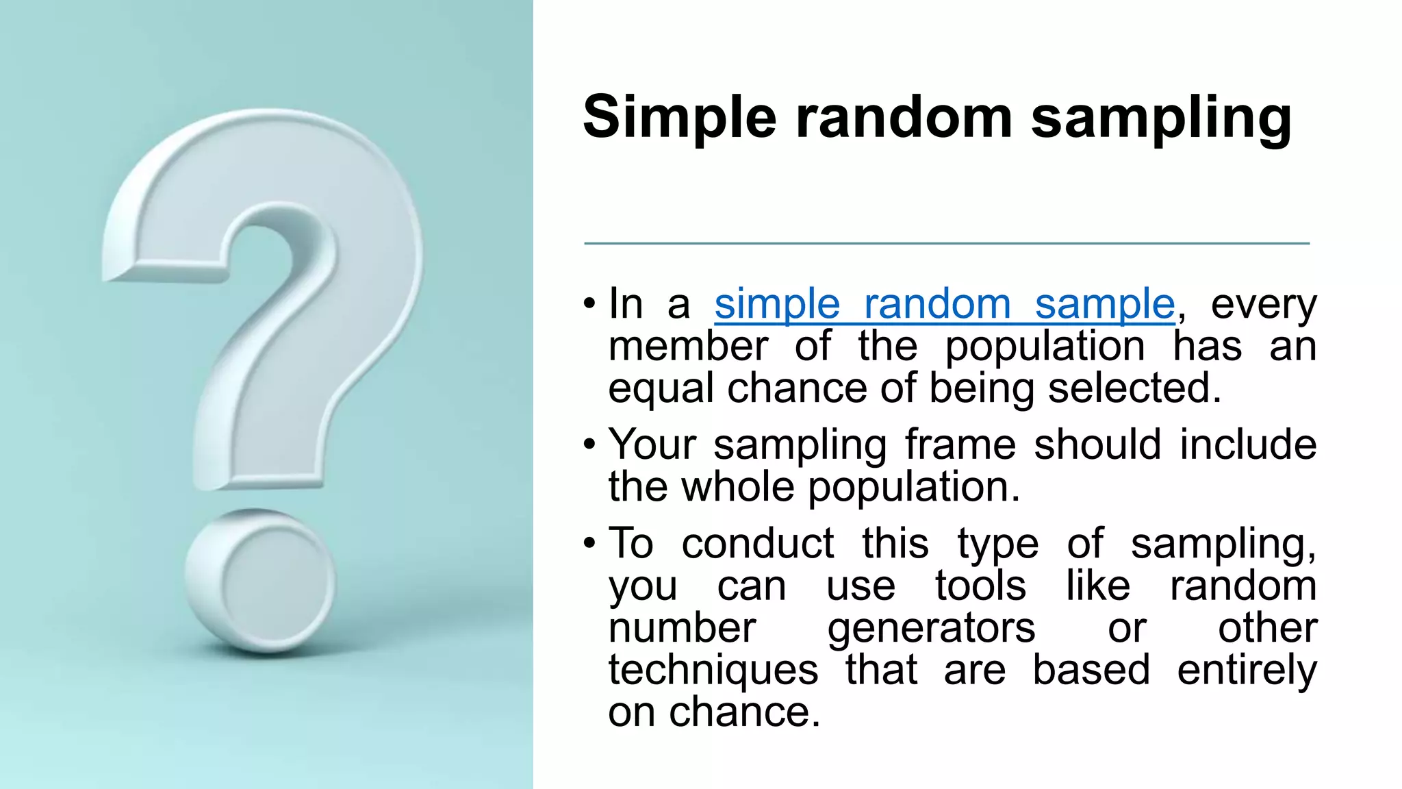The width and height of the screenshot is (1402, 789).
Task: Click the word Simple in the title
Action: click(x=679, y=118)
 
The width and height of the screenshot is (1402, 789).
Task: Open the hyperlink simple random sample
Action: click(x=945, y=304)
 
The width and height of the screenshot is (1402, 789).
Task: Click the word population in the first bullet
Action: click(x=1045, y=347)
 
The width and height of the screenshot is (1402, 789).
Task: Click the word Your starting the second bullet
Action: click(x=652, y=444)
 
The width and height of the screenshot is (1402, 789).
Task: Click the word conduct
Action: click(x=758, y=544)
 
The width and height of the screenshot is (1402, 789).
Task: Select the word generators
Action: click(x=931, y=628)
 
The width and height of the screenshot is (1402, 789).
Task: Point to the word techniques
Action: click(x=713, y=670)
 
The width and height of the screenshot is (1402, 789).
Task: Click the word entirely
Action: click(x=1247, y=670)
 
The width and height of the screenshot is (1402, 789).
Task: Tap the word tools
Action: click(x=980, y=586)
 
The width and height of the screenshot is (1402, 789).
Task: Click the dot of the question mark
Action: click(x=260, y=581)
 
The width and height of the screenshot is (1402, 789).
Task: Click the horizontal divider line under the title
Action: click(x=946, y=243)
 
